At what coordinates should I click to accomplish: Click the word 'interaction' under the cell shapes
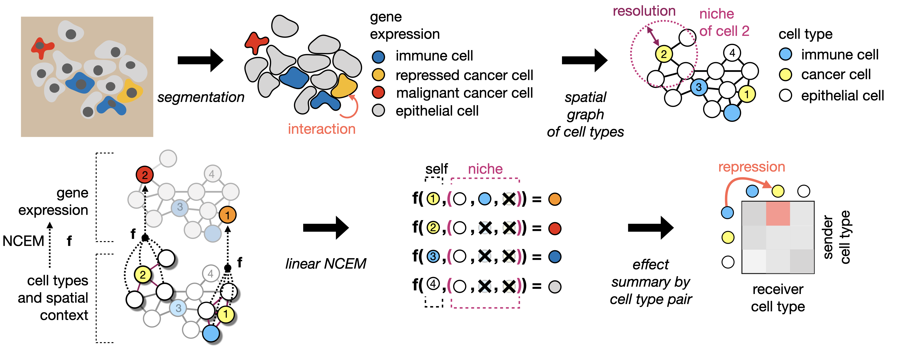point(321,129)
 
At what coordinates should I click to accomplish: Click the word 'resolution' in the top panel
point(644,11)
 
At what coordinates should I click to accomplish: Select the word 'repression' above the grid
point(751,167)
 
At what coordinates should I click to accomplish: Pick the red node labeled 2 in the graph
point(144,175)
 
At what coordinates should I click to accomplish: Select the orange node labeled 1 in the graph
point(227,215)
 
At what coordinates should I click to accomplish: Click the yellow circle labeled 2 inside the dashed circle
point(664,54)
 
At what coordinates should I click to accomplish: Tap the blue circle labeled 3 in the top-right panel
point(699,87)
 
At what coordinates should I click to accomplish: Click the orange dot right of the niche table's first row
point(555,199)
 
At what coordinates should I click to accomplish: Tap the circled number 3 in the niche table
point(433,256)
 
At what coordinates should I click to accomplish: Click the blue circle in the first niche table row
point(484,199)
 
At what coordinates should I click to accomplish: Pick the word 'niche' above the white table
point(485,169)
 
